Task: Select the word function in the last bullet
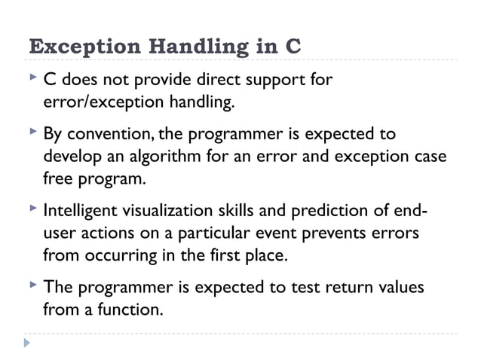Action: (133, 309)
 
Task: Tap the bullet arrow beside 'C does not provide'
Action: (32, 78)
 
